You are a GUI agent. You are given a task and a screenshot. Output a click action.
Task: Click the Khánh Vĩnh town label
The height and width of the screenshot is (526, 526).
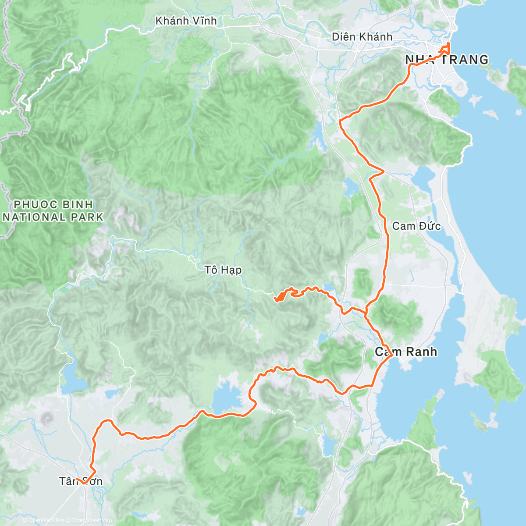[186, 21]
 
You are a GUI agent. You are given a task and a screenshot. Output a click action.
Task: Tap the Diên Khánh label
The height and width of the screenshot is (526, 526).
[362, 37]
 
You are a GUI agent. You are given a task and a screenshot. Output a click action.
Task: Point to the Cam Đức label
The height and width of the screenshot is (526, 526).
[416, 226]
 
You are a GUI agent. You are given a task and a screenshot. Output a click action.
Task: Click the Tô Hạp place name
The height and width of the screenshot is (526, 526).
[223, 270]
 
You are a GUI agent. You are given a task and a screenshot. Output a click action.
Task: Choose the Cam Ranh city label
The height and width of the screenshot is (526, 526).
[406, 352]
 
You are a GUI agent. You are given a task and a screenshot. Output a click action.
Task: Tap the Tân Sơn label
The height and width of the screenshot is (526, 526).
[81, 481]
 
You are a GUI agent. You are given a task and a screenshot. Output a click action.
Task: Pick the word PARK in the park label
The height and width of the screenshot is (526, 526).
[88, 217]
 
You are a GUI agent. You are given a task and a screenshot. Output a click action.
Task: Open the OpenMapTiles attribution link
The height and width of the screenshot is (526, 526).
[43, 520]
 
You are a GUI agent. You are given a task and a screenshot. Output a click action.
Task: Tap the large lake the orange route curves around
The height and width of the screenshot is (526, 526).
[227, 399]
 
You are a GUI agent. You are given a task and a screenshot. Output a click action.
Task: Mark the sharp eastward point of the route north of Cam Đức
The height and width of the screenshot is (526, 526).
[384, 171]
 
